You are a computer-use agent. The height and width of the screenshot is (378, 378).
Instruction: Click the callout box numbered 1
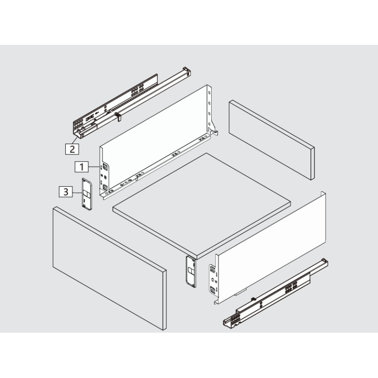(x=81, y=166)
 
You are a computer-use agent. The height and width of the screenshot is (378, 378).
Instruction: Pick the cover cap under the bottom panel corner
(x=190, y=271)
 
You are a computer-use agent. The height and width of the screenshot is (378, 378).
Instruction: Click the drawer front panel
(x=108, y=270)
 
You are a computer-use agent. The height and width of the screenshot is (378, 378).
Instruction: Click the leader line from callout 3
(x=77, y=192)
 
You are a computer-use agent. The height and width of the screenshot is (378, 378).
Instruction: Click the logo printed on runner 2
(x=90, y=116)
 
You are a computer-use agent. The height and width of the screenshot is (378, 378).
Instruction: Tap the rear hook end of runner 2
(x=187, y=71)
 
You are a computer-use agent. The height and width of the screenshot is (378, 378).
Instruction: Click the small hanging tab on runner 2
(x=118, y=116)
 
